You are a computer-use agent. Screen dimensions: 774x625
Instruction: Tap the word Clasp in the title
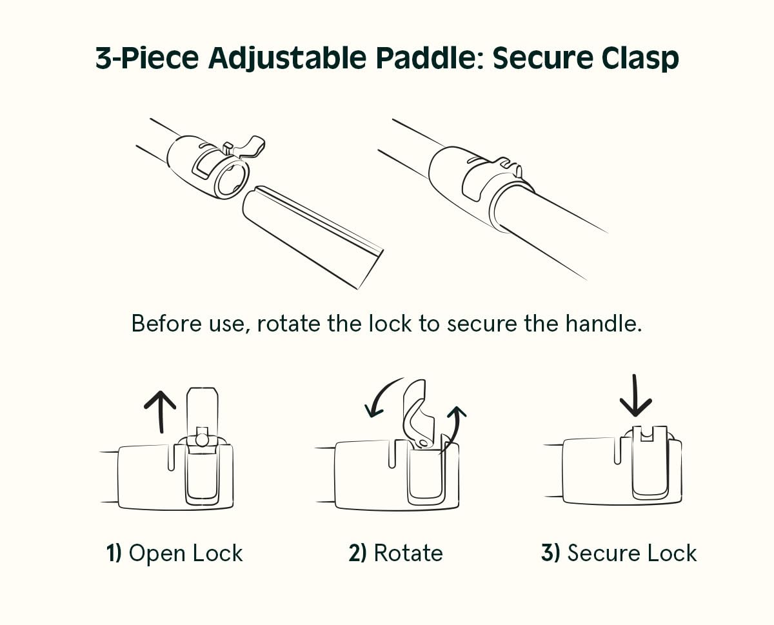point(640,59)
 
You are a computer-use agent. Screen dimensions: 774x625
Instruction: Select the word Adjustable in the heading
point(288,59)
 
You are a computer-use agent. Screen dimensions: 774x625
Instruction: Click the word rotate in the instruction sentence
point(288,323)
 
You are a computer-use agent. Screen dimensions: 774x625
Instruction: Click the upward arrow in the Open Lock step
point(160,412)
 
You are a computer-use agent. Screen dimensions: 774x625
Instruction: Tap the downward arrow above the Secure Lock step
point(635,395)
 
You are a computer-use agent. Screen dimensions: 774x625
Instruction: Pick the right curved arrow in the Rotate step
point(454,429)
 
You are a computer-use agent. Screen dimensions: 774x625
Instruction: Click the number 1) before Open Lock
point(114,553)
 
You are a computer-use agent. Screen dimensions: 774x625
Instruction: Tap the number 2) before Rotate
point(357,553)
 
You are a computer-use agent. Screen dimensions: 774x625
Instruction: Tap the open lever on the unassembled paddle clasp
point(249,146)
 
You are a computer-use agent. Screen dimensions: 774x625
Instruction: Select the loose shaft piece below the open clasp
point(313,236)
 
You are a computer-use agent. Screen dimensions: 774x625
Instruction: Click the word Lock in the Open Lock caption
point(217,553)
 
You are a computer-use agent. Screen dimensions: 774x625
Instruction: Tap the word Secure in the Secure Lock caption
point(600,553)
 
